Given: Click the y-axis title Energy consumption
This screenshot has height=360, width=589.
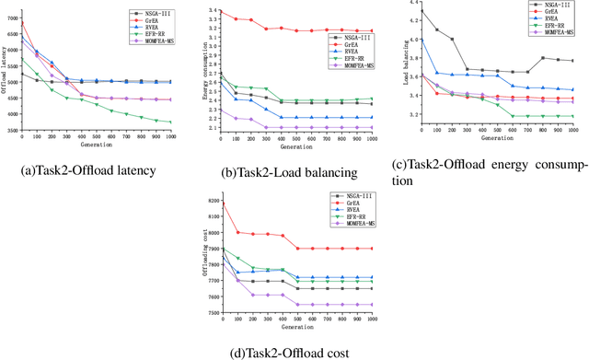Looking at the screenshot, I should [x=203, y=71].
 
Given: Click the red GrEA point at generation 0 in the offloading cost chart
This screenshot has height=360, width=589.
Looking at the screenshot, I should [x=223, y=203].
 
